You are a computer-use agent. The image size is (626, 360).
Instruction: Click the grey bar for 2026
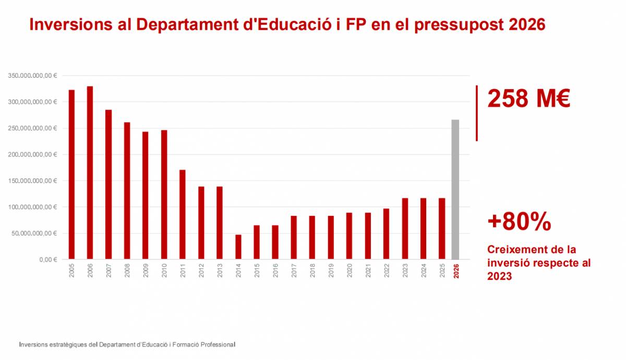click(x=455, y=189)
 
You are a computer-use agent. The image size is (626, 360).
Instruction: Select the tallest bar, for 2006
click(x=90, y=173)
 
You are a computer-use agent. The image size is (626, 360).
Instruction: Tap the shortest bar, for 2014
click(x=238, y=247)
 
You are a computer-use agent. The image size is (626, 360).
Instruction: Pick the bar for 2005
click(x=71, y=174)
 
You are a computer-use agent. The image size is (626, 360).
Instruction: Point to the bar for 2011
click(x=183, y=214)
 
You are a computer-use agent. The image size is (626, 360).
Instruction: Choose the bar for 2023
click(x=405, y=229)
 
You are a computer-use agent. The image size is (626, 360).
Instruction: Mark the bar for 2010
click(x=164, y=195)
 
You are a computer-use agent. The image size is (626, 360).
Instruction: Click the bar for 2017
click(x=294, y=237)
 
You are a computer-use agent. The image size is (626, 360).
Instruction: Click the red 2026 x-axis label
click(x=456, y=271)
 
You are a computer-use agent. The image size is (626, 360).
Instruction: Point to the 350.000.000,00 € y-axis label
click(x=33, y=76)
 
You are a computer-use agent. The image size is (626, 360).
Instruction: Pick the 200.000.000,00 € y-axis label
click(x=33, y=154)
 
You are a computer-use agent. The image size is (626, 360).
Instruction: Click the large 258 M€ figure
click(x=528, y=99)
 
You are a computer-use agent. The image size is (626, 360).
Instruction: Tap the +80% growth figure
click(x=519, y=222)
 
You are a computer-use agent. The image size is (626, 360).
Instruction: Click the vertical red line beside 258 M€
click(x=477, y=113)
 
